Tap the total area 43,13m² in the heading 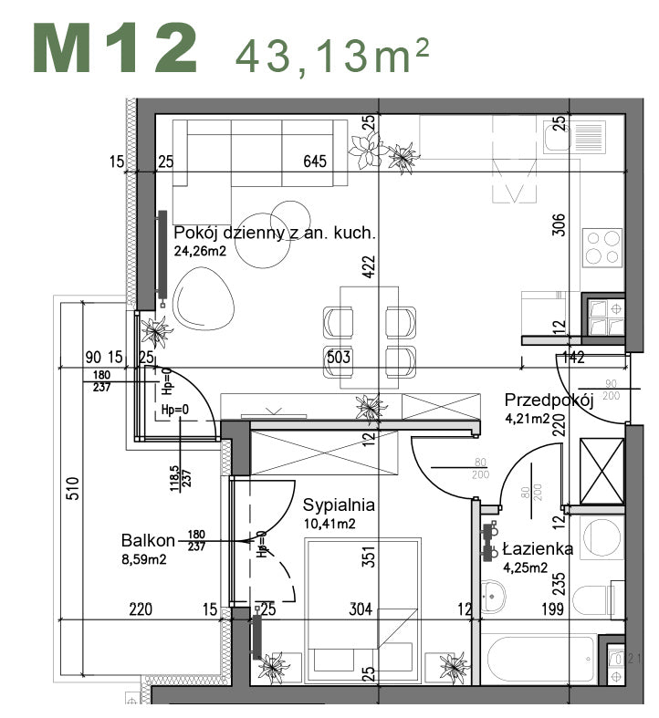coord(332,56)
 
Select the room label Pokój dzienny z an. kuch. coord(274,233)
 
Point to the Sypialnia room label coord(339,505)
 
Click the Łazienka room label coord(538,549)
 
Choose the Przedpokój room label coord(549,400)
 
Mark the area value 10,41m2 coord(329,524)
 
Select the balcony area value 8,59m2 coord(144,558)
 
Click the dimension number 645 coord(315,162)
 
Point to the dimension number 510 coord(73,489)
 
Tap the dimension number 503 coord(340,357)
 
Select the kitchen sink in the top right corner coord(556,137)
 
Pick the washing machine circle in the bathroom coord(602,539)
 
